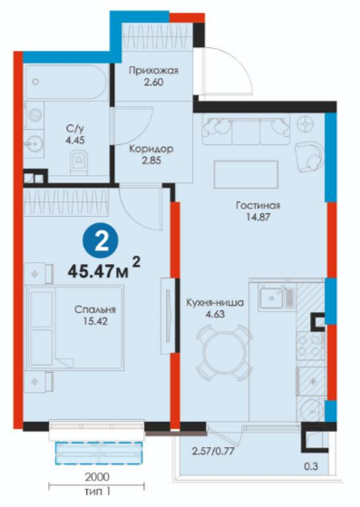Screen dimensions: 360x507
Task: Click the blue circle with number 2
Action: pyautogui.click(x=102, y=242)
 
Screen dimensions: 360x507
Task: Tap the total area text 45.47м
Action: pyautogui.click(x=98, y=271)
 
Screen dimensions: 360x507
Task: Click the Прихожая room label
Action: pyautogui.click(x=153, y=70)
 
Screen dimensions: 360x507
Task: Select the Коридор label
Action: pyautogui.click(x=151, y=149)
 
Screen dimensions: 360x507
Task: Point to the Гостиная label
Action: pyautogui.click(x=258, y=205)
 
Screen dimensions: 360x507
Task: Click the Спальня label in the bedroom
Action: pyautogui.click(x=95, y=309)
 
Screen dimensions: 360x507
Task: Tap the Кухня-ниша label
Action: pyautogui.click(x=215, y=303)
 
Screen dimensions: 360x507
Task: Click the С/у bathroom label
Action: pyautogui.click(x=75, y=129)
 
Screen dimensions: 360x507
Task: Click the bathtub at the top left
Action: pyautogui.click(x=66, y=83)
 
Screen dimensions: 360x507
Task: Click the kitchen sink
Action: pyautogui.click(x=277, y=297)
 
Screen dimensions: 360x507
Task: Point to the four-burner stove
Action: pyautogui.click(x=309, y=346)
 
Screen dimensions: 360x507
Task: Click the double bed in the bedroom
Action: pyautogui.click(x=75, y=327)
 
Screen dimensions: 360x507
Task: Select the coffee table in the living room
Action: pyautogui.click(x=246, y=174)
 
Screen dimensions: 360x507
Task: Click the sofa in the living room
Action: pyautogui.click(x=246, y=130)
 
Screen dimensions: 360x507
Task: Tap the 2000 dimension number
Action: pyautogui.click(x=97, y=476)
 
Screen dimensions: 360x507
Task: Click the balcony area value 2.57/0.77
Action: pyautogui.click(x=213, y=451)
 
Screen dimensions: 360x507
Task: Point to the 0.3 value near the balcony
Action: pyautogui.click(x=311, y=466)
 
